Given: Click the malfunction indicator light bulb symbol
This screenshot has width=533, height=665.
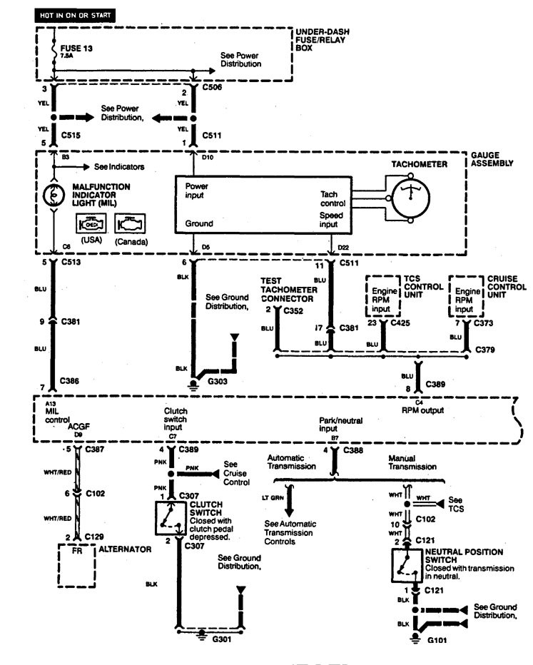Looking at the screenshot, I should pos(54,194).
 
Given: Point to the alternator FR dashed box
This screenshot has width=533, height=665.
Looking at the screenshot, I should pos(76,565).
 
